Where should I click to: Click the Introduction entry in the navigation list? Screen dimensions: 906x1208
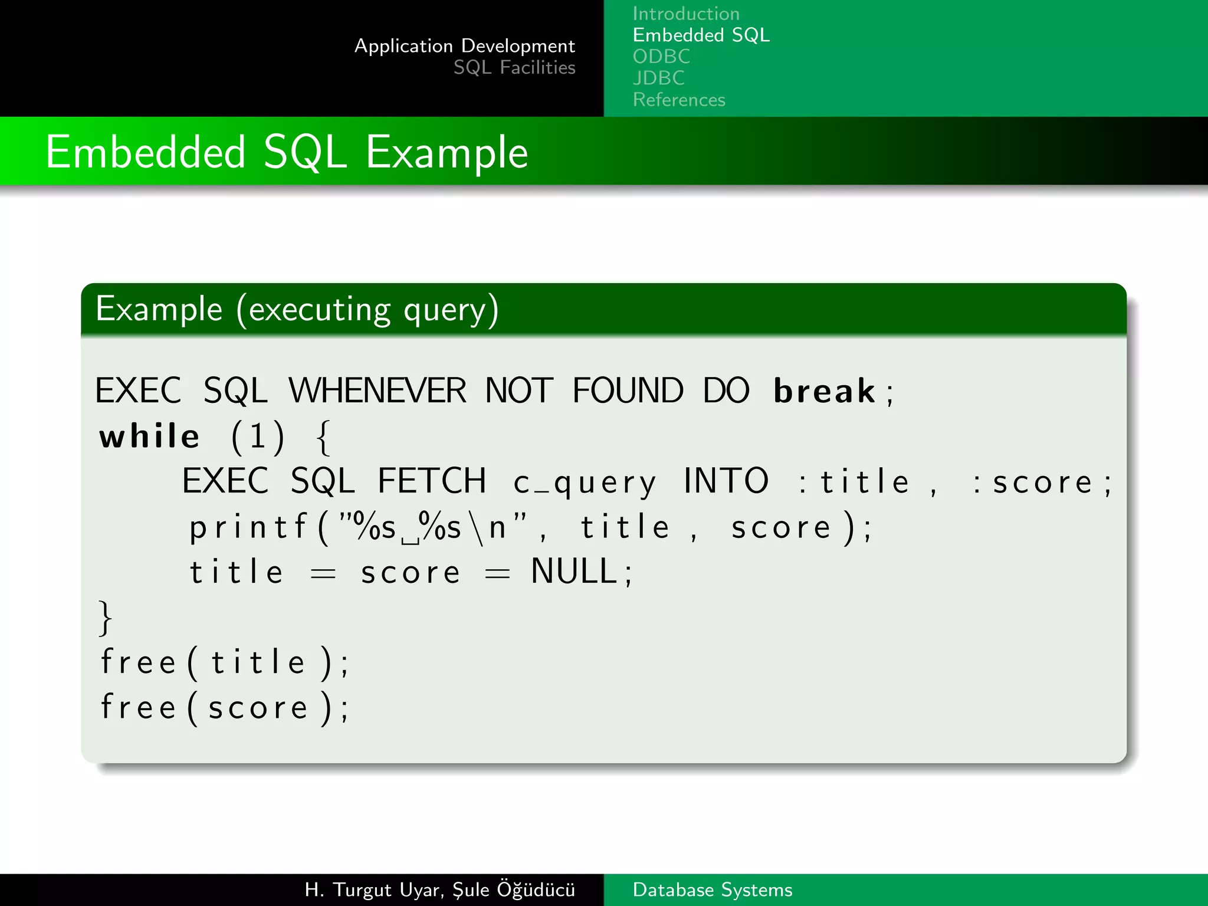coord(685,14)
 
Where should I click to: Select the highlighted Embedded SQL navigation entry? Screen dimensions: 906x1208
coord(701,35)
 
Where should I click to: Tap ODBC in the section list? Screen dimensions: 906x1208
coord(661,57)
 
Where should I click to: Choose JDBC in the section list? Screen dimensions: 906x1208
coord(658,78)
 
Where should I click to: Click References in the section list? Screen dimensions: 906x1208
coord(678,100)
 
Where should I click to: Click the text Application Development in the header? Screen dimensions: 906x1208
coord(464,46)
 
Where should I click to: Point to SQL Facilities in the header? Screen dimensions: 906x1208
coord(514,68)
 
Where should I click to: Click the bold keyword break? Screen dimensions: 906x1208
coord(824,392)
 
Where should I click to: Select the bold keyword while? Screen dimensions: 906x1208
coord(149,437)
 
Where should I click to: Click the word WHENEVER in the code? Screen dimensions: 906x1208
coord(377,391)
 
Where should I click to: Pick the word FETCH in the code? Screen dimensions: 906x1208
coord(432,481)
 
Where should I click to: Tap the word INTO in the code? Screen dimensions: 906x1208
coord(726,481)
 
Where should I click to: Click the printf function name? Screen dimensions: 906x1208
coord(248,527)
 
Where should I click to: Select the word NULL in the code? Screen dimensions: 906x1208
coord(573,572)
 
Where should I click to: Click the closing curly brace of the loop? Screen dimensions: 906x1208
coord(105,618)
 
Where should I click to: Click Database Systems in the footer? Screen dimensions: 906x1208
coord(712,890)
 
